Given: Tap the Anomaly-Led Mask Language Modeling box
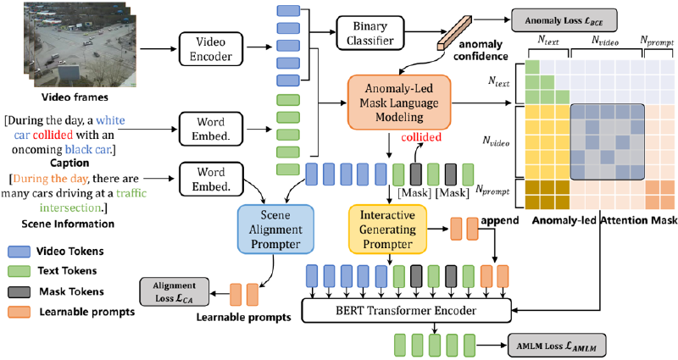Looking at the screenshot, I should (x=396, y=103).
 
